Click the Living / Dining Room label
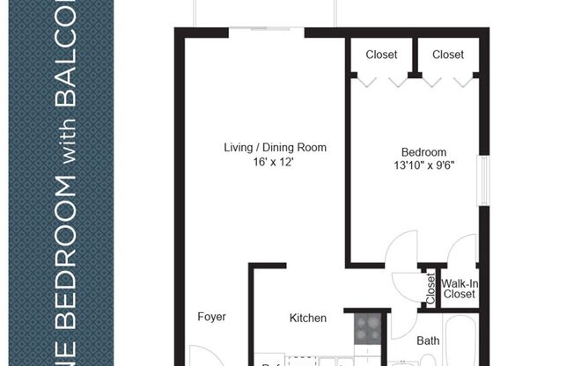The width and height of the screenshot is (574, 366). [275, 148]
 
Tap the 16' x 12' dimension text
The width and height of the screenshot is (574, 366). [275, 163]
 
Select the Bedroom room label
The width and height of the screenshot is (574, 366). [423, 151]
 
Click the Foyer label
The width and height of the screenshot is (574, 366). [211, 317]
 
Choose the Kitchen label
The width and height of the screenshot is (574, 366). [308, 318]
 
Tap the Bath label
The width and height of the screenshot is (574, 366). [428, 340]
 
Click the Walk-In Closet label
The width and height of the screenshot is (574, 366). [460, 289]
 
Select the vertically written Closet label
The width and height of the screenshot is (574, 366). [430, 289]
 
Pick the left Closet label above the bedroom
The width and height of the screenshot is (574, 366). [380, 55]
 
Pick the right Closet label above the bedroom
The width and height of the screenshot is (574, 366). [448, 55]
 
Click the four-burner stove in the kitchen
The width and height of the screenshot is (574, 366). [366, 329]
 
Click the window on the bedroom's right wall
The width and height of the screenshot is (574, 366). [482, 181]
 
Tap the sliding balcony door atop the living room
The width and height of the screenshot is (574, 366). [267, 32]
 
